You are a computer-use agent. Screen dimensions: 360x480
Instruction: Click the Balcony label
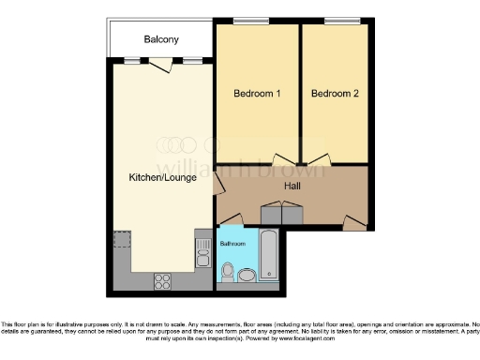click(161, 39)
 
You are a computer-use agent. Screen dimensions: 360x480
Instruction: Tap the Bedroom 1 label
click(257, 93)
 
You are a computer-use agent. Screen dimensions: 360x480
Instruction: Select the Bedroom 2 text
click(335, 93)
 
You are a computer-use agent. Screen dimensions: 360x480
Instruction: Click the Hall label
click(292, 185)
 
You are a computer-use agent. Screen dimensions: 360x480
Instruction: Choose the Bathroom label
click(233, 243)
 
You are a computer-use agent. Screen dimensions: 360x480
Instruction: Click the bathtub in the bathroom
click(269, 254)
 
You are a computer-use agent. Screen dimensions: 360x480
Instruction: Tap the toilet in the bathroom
click(227, 272)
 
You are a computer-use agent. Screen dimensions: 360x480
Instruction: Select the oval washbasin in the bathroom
click(246, 275)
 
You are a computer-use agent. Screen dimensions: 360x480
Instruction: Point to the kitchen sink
click(202, 251)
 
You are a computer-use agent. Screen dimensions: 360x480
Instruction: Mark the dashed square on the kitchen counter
click(121, 240)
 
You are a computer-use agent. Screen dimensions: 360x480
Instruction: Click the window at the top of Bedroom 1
click(246, 21)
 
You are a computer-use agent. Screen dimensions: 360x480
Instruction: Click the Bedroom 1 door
click(280, 160)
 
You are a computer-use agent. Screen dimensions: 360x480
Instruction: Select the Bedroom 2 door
click(319, 160)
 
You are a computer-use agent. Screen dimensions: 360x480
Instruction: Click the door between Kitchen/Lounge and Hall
click(218, 184)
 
